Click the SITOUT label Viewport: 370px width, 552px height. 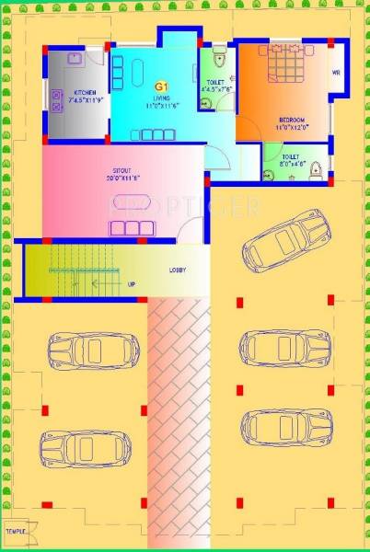click(x=123, y=170)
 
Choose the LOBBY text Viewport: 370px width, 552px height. click(x=179, y=270)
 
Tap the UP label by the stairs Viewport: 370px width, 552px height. click(x=132, y=284)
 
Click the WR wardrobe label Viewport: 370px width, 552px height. click(x=336, y=73)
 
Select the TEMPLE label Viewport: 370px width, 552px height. click(x=15, y=532)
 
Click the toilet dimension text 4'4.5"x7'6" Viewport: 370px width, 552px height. click(x=217, y=88)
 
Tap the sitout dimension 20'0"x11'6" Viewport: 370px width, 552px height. click(x=123, y=178)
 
